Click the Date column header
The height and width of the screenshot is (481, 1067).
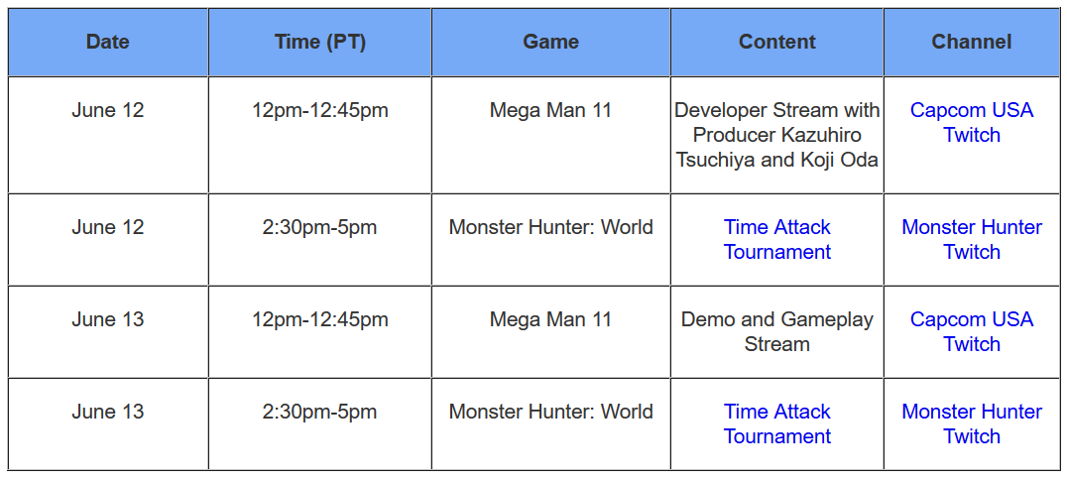point(107,43)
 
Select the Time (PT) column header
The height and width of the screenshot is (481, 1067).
point(320,43)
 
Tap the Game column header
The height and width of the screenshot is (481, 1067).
point(550,43)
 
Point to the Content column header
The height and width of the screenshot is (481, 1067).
point(777,43)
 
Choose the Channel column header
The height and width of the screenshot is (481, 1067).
point(972,43)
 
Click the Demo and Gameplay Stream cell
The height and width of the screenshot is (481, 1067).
point(777,331)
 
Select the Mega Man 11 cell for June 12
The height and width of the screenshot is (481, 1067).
point(550,110)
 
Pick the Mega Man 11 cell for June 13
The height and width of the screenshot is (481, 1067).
point(550,319)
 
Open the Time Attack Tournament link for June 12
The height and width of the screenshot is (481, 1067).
point(777,239)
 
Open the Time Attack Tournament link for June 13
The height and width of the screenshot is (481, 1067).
point(777,423)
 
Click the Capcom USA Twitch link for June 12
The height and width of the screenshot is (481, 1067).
point(972,122)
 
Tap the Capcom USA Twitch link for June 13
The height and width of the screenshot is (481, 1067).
point(972,331)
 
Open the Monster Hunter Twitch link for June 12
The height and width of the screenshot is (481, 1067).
point(972,239)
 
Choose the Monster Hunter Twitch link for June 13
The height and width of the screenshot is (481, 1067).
point(972,423)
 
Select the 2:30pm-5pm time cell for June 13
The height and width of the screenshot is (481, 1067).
point(320,412)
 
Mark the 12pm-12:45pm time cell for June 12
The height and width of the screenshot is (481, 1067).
point(320,110)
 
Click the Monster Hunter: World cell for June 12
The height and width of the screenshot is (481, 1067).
point(550,227)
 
